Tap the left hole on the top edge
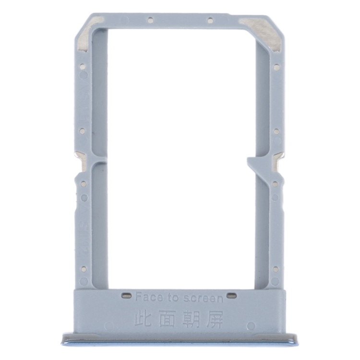pos(150,21)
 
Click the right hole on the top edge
pos(210,21)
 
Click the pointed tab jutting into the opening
pos(252,163)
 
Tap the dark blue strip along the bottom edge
pos(180,342)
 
